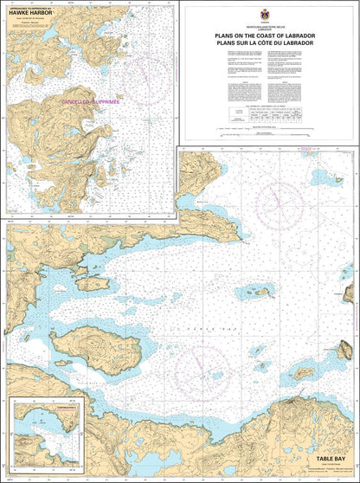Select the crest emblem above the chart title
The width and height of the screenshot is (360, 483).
pyautogui.click(x=264, y=15)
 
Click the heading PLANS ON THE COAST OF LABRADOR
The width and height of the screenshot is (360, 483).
pyautogui.click(x=265, y=35)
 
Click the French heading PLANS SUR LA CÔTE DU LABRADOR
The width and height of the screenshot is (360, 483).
pyautogui.click(x=265, y=42)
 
